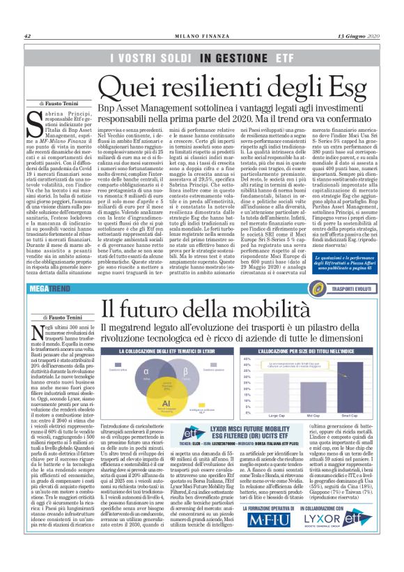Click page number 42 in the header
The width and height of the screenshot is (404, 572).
coord(27,36)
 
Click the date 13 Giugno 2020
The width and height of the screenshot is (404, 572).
coord(359,36)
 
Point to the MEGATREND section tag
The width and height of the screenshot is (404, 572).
coord(48,287)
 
